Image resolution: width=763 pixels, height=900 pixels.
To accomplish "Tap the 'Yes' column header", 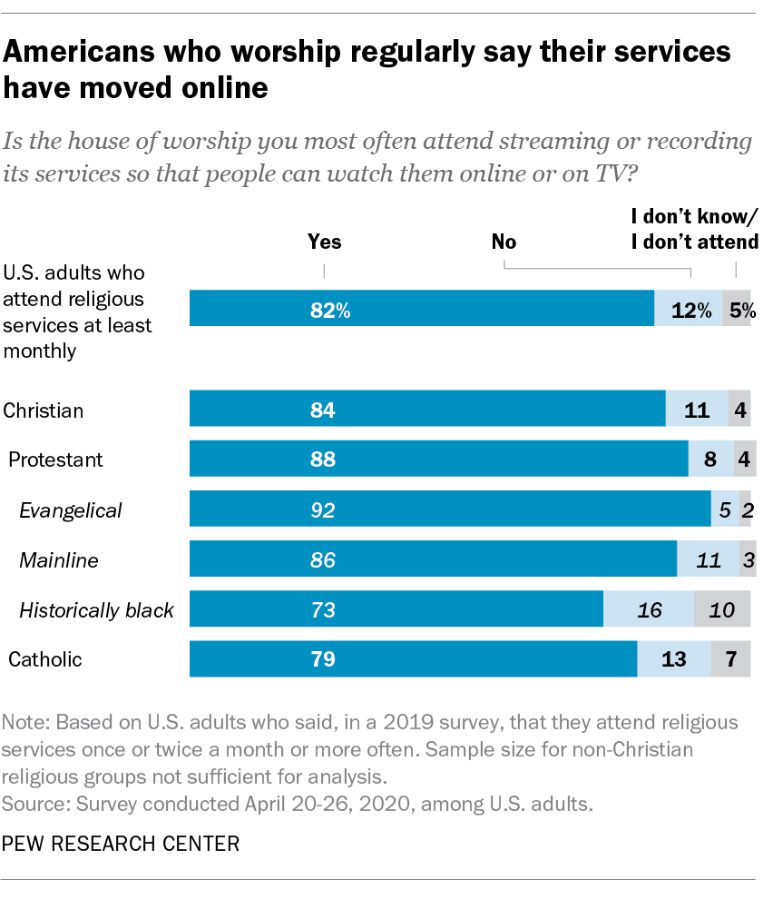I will pyautogui.click(x=325, y=242).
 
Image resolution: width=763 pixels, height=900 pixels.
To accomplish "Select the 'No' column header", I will pyautogui.click(x=504, y=242).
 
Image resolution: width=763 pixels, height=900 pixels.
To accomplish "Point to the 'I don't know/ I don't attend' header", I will pyautogui.click(x=694, y=229).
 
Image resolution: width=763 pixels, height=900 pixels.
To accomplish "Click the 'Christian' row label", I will pyautogui.click(x=44, y=410).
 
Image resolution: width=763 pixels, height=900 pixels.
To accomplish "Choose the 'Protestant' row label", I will pyautogui.click(x=55, y=460).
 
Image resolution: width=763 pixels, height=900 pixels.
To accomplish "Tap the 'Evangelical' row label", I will pyautogui.click(x=71, y=510).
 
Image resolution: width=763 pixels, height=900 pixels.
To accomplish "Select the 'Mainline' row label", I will pyautogui.click(x=59, y=560).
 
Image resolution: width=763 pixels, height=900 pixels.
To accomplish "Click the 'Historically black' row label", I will pyautogui.click(x=96, y=610).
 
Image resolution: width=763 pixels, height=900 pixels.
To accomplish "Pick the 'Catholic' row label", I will pyautogui.click(x=44, y=659).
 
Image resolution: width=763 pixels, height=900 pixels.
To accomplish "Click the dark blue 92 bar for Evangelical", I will pyautogui.click(x=449, y=509).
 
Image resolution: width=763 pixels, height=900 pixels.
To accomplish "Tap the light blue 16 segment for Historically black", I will pyautogui.click(x=648, y=608).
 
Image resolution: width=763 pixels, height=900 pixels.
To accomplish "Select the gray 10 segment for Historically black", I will pyautogui.click(x=722, y=608).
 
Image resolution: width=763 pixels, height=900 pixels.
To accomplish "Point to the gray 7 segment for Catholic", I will pyautogui.click(x=731, y=658).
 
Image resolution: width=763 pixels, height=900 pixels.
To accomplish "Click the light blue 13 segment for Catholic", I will pyautogui.click(x=673, y=658).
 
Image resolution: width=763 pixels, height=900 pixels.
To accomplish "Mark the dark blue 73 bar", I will pyautogui.click(x=396, y=608).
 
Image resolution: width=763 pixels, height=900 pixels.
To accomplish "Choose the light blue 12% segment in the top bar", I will pyautogui.click(x=688, y=310).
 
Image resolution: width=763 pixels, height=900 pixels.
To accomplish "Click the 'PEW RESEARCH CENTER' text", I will pyautogui.click(x=122, y=844).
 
